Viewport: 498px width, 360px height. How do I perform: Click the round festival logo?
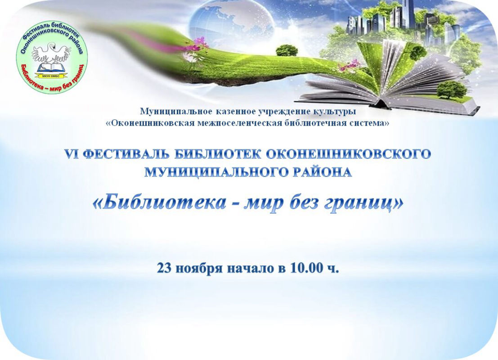click(52, 58)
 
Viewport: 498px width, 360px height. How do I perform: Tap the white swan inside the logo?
click(51, 51)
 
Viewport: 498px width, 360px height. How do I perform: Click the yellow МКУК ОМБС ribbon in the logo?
click(51, 76)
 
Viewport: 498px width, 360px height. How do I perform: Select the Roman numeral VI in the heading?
click(72, 154)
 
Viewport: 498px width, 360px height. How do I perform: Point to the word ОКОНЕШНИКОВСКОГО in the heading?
click(348, 154)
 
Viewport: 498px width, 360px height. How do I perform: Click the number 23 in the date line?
click(164, 268)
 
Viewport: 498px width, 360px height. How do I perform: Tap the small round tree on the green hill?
click(287, 50)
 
